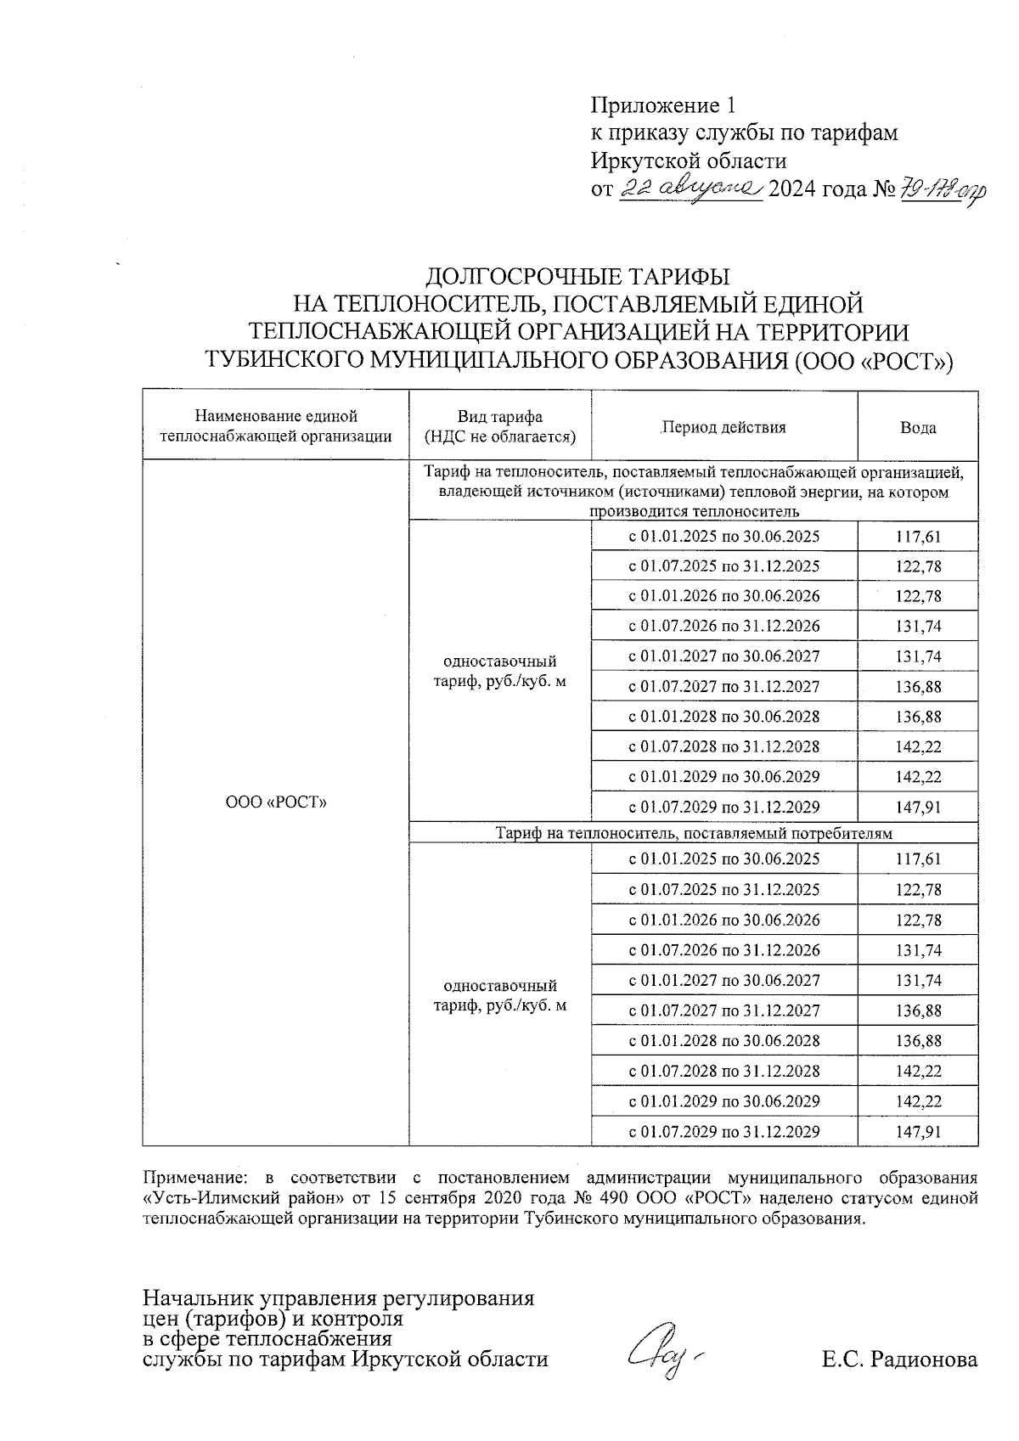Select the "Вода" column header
(917, 428)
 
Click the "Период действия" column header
(723, 428)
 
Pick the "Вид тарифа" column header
(500, 427)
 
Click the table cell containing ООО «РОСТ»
(276, 802)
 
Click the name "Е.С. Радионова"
(898, 1359)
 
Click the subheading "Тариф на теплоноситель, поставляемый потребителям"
(694, 833)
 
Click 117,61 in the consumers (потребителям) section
(918, 859)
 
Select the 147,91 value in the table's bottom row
(918, 1132)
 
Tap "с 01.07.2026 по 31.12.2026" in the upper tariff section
(723, 626)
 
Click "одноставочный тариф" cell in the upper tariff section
(500, 672)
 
